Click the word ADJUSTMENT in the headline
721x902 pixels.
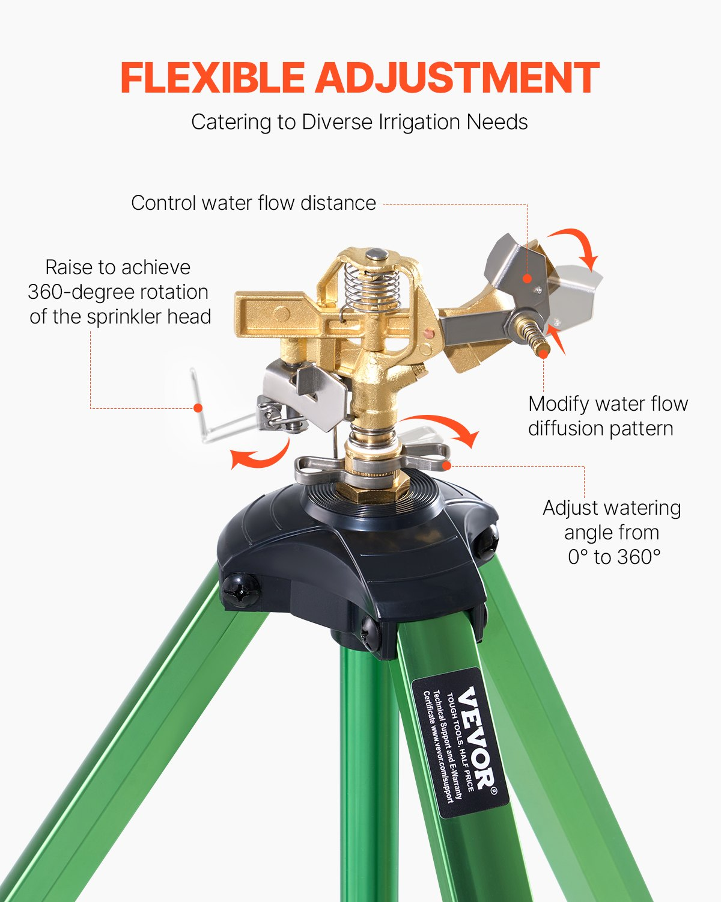point(457,78)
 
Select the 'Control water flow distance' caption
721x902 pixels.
point(253,203)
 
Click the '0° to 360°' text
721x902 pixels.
point(613,557)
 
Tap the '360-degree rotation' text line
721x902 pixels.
point(118,292)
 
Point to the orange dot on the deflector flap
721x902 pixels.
point(527,278)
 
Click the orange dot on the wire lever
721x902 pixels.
point(197,408)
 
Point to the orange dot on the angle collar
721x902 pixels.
point(446,464)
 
